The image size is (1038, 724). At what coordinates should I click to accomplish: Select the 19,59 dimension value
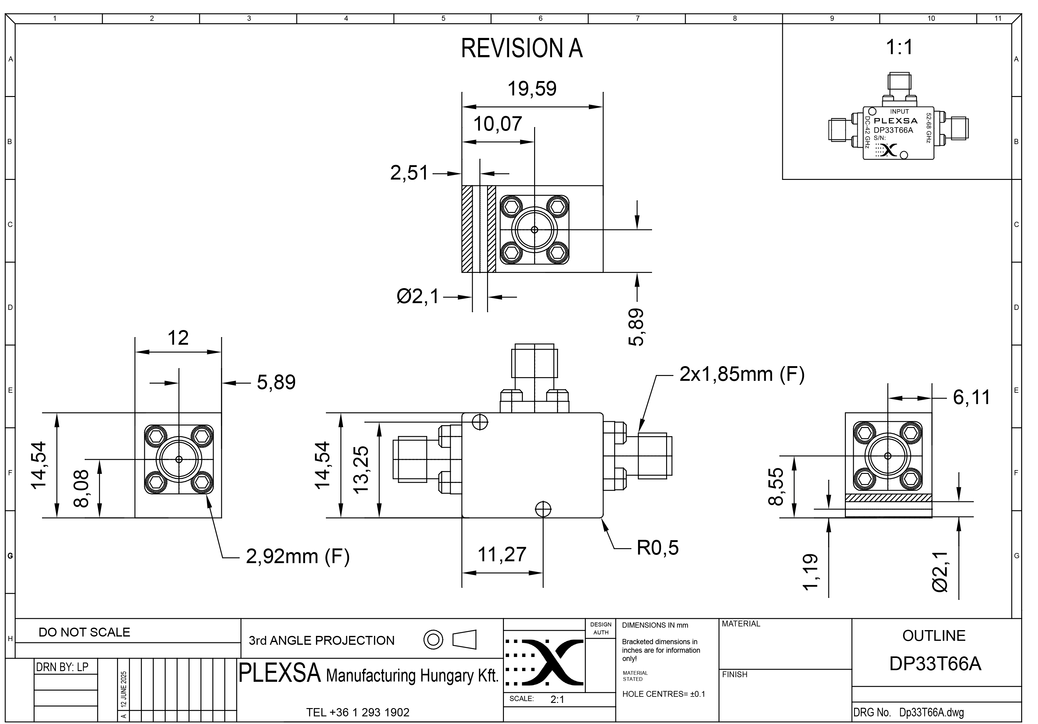(x=532, y=89)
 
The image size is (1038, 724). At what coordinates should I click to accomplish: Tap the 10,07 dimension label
(x=497, y=124)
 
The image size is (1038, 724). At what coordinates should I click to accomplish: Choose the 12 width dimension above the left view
(x=178, y=338)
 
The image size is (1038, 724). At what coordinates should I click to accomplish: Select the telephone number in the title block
(x=358, y=713)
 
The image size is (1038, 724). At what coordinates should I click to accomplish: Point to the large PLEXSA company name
(x=279, y=673)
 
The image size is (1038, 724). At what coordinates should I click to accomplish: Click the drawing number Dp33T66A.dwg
(x=931, y=713)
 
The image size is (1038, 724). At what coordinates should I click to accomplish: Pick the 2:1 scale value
(x=557, y=700)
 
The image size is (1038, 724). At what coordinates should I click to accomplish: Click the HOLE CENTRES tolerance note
(x=663, y=694)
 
